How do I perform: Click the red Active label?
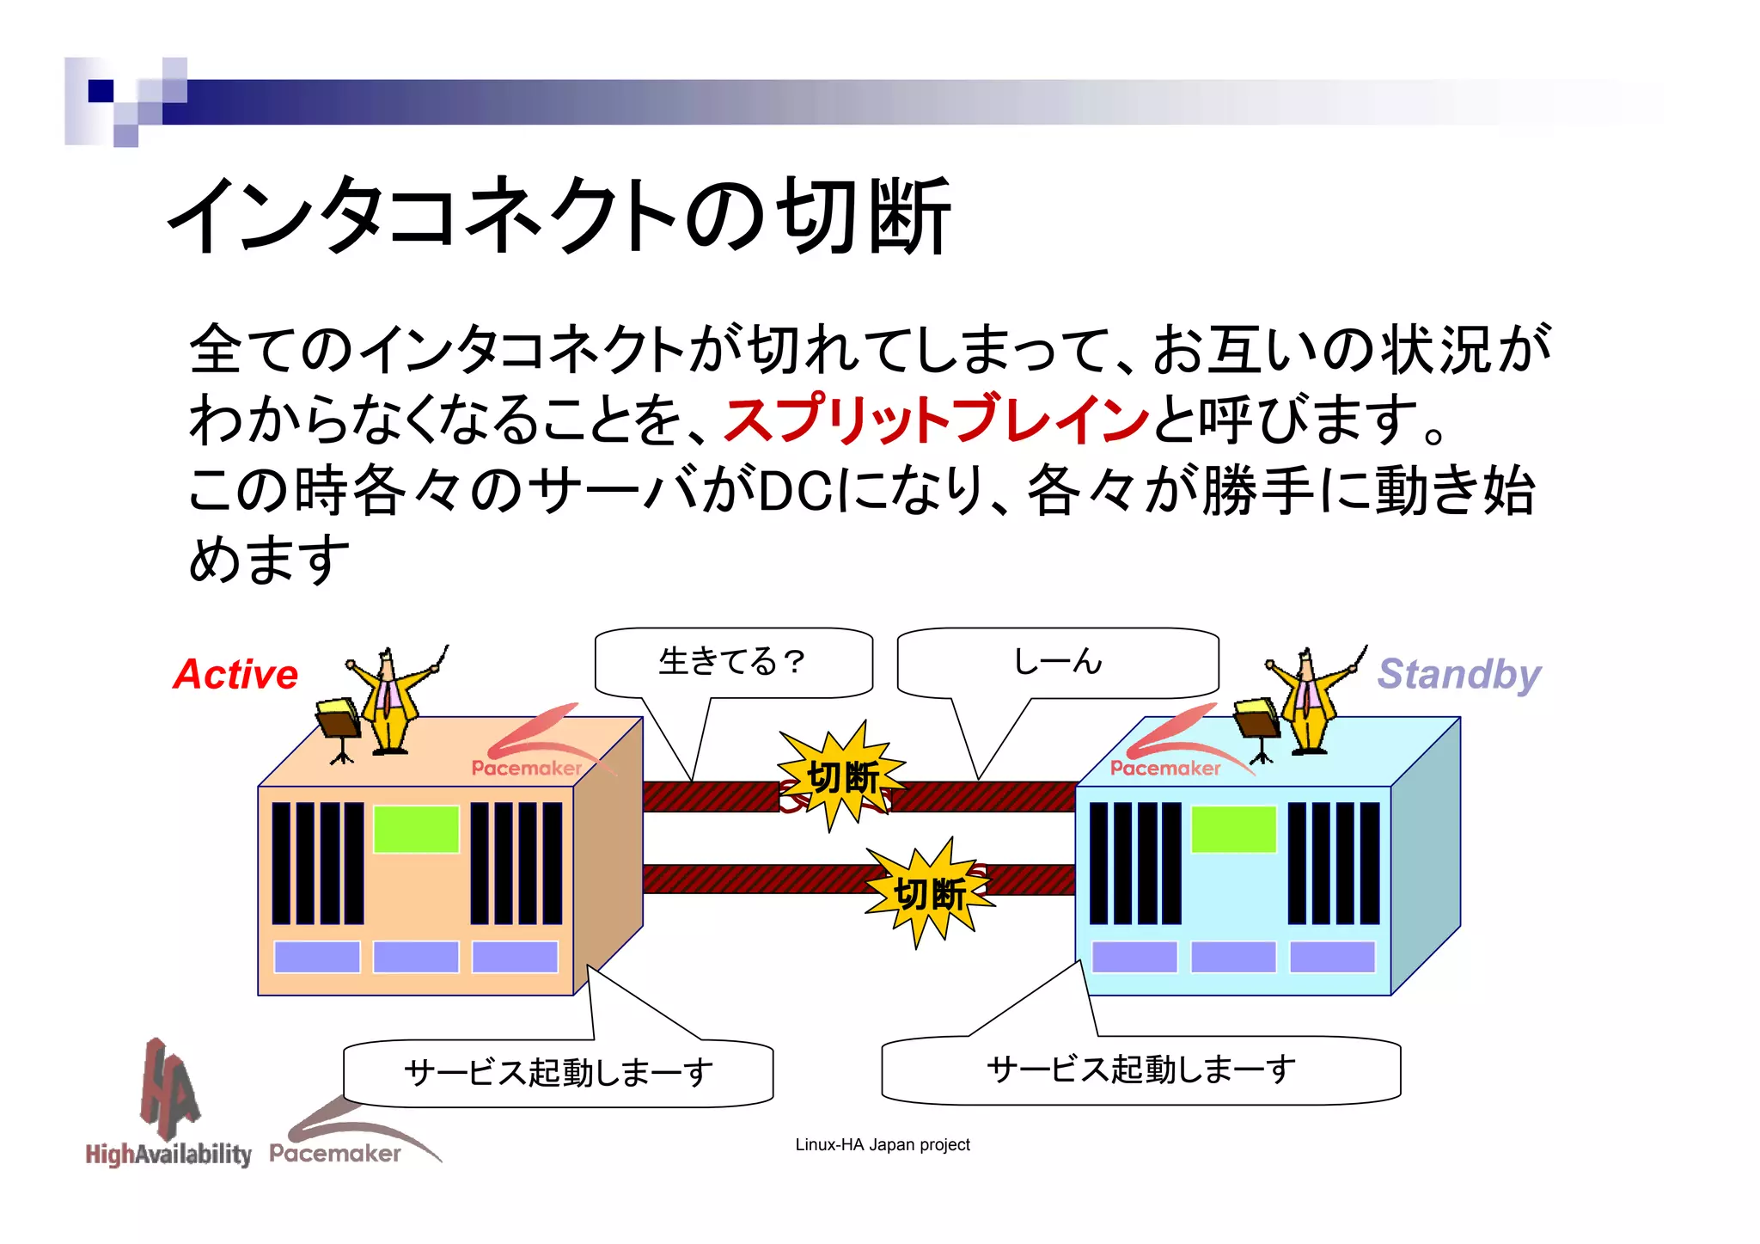pos(235,674)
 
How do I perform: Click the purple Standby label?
pos(1458,674)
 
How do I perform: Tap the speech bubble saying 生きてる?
pos(733,662)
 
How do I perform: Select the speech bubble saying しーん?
pos(1057,662)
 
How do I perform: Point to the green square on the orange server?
pos(416,829)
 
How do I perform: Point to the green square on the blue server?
pos(1233,829)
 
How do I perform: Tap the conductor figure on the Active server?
pos(391,701)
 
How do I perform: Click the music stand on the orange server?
pos(339,726)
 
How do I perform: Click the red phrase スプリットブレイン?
pos(937,420)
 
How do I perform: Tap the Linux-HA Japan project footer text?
pos(883,1144)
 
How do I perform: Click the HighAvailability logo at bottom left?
pos(168,1109)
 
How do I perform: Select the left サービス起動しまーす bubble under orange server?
pos(559,1072)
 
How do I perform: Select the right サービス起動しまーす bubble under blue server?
pos(1141,1069)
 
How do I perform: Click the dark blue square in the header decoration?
pos(101,91)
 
